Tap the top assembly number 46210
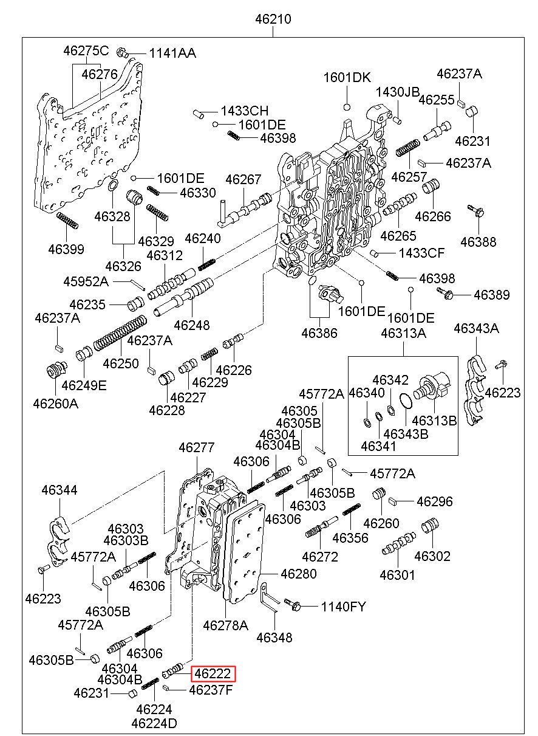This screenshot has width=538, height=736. [x=273, y=19]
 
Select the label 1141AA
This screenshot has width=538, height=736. [x=172, y=53]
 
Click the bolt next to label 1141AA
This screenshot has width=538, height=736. [x=123, y=52]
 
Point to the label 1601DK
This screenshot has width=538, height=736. [x=347, y=78]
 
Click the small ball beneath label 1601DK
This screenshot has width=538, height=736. [x=347, y=107]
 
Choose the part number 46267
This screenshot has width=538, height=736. [x=243, y=179]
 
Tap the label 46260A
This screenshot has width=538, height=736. [x=55, y=404]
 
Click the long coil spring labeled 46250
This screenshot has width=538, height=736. [x=120, y=333]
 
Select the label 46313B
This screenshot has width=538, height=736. [x=434, y=421]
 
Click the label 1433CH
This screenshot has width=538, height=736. [x=244, y=111]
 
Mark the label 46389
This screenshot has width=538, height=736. [x=491, y=295]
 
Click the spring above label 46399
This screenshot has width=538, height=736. [x=67, y=220]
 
